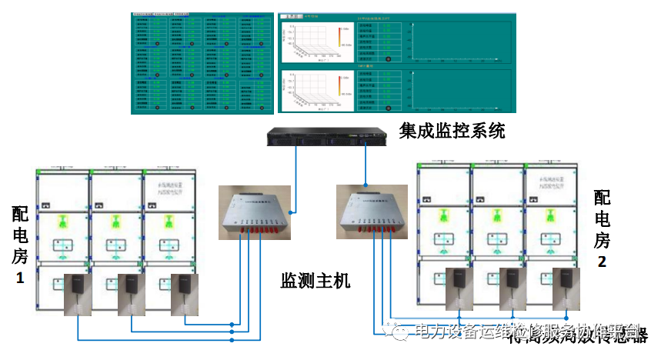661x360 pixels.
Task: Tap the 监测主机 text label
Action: [315, 281]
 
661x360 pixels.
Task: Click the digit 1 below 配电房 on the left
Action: [20, 278]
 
